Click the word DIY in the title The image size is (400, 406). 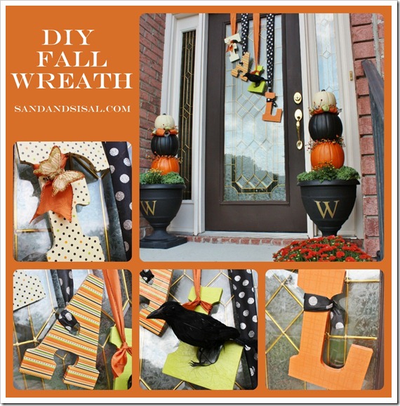click(x=68, y=37)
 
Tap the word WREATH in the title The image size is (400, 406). click(x=72, y=81)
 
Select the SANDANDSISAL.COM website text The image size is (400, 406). click(x=72, y=108)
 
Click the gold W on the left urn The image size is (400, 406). click(x=149, y=208)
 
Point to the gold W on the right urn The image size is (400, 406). click(x=327, y=209)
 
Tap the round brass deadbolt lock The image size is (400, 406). click(x=298, y=98)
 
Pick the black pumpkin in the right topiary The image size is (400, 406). click(x=325, y=126)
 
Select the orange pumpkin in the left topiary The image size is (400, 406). click(x=165, y=165)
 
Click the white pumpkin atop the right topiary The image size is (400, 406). click(x=324, y=99)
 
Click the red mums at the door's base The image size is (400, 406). click(x=323, y=249)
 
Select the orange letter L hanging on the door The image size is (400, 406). click(x=272, y=107)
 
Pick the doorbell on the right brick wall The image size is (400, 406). click(x=351, y=75)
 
